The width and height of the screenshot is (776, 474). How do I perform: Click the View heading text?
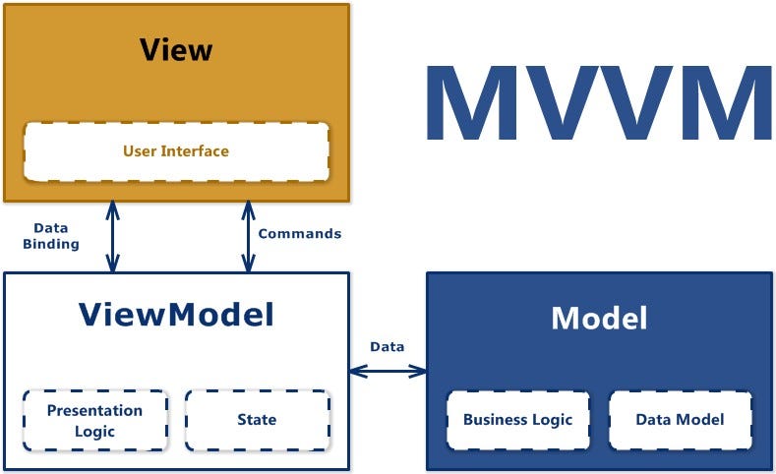176,49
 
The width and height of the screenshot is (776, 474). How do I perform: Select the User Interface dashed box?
176,151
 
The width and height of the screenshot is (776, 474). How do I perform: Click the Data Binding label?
50,236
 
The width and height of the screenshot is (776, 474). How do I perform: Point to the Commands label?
299,234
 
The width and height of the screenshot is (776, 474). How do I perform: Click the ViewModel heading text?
176,315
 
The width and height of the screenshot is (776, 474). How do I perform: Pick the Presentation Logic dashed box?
95,420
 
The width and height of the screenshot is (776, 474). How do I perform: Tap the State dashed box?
257,420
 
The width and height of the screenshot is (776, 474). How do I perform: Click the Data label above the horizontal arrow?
387,346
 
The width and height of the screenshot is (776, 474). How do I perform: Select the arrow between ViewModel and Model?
388,371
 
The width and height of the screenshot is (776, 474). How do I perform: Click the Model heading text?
599,318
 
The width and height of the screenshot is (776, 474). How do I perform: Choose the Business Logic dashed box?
517,420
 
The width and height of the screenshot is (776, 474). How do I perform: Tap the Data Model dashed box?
680,420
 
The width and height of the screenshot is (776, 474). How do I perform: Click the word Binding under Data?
50,244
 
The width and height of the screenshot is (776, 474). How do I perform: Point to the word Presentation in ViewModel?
95,410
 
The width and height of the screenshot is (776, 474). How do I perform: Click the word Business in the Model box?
497,420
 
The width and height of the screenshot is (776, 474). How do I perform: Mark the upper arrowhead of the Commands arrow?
246,208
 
